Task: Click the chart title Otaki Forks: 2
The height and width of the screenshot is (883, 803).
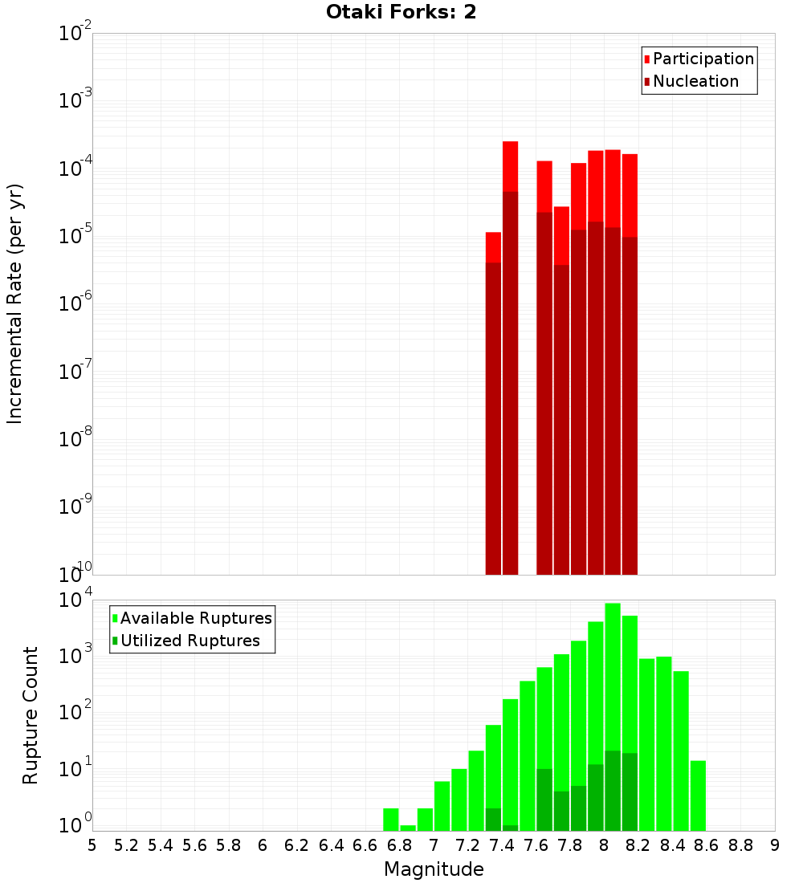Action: [401, 13]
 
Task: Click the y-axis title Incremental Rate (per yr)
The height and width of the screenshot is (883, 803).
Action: [16, 303]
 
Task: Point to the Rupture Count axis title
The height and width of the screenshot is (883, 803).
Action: [31, 714]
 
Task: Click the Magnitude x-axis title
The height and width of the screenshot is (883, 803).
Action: [434, 869]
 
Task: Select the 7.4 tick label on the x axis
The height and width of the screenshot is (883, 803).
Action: [502, 845]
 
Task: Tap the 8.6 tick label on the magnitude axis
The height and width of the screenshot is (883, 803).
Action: [707, 845]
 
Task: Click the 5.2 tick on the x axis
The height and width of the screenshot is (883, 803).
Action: [126, 845]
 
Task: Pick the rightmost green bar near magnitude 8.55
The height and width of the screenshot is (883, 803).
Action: [698, 795]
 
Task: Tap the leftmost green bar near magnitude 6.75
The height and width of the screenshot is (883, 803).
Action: [391, 819]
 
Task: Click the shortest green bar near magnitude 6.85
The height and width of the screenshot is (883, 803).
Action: [408, 828]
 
